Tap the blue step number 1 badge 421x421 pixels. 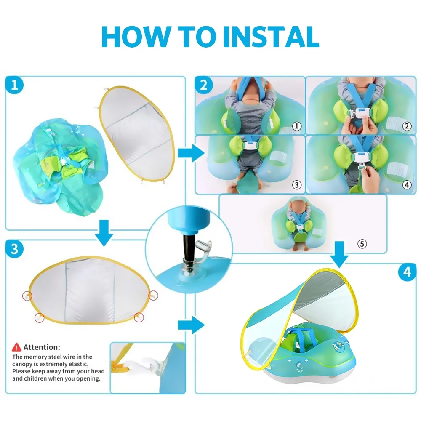(14, 85)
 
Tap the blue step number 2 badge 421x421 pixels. (204, 85)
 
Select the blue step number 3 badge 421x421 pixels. (14, 249)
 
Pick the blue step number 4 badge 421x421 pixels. (407, 272)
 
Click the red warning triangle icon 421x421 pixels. (16, 347)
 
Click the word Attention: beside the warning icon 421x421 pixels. (42, 347)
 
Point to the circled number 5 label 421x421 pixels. (362, 244)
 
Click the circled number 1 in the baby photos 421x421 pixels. (297, 126)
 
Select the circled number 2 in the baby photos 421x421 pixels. (407, 126)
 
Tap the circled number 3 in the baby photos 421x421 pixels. (297, 185)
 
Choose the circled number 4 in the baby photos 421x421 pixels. (407, 185)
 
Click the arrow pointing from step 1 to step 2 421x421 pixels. (191, 153)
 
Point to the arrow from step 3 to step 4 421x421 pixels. (191, 325)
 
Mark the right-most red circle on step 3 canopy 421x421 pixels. (153, 296)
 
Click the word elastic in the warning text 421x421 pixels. (78, 364)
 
